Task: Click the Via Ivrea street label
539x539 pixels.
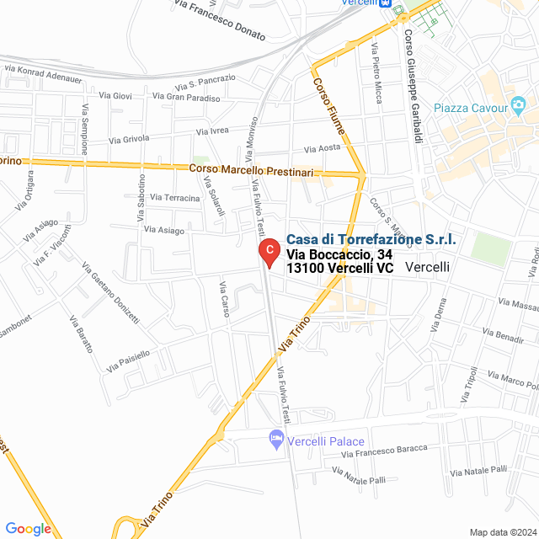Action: (x=211, y=131)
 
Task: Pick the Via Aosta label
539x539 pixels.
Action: (x=322, y=148)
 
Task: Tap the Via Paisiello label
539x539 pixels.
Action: (x=128, y=362)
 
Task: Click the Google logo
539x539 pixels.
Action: (x=28, y=529)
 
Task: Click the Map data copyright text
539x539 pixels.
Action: (x=503, y=532)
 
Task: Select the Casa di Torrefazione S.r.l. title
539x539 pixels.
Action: (x=371, y=240)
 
